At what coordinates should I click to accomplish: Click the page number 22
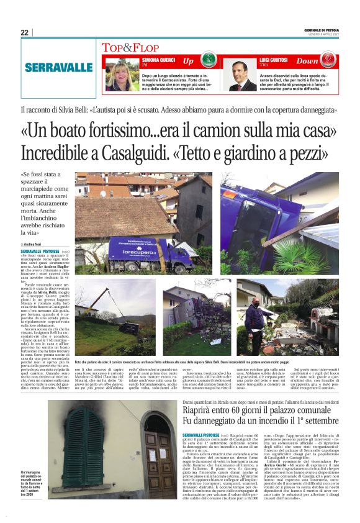[x=24, y=32]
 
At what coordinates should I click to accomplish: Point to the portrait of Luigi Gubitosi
[x=238, y=75]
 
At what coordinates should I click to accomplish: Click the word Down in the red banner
[x=308, y=61]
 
